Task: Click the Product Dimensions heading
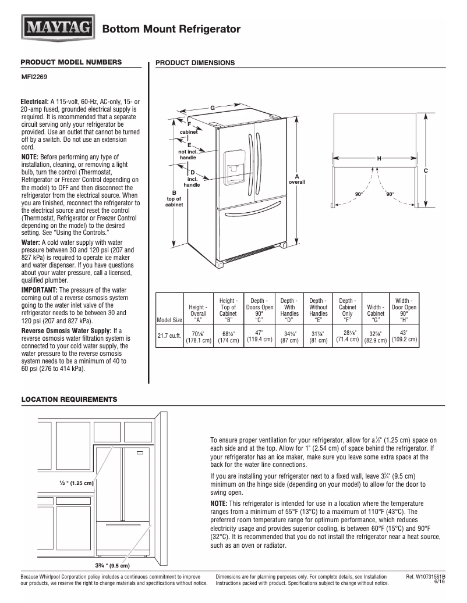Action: [195, 63]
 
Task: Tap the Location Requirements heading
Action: [69, 399]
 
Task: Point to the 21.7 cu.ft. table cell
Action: [169, 336]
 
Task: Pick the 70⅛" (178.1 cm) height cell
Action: [198, 336]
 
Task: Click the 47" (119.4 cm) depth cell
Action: [259, 336]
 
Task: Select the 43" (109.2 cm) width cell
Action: [404, 336]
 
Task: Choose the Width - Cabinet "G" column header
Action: [376, 311]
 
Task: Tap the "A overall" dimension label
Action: [296, 179]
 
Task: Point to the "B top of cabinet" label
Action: [174, 198]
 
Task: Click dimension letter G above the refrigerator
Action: [213, 108]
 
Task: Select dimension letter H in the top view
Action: [379, 158]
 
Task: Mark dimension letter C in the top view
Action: [426, 170]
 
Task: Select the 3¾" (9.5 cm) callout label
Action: [113, 565]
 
